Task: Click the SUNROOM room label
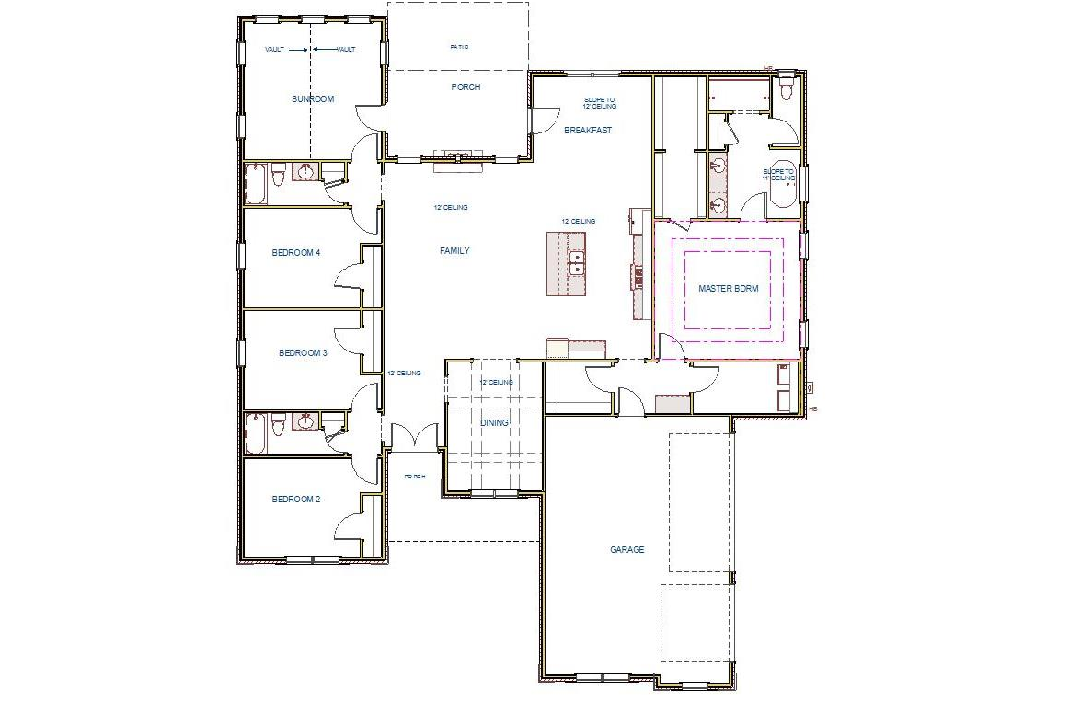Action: click(312, 98)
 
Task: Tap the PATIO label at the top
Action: click(459, 46)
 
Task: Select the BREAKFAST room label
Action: click(588, 131)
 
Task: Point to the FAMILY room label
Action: click(454, 250)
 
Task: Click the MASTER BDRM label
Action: click(728, 288)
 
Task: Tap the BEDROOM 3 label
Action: click(303, 352)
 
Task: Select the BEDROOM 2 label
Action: click(295, 500)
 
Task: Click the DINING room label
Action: click(494, 422)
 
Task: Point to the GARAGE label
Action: click(626, 549)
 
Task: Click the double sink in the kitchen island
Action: click(576, 263)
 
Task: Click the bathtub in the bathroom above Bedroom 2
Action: click(257, 432)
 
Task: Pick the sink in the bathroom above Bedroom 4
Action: click(305, 171)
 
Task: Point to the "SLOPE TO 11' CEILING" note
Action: click(778, 175)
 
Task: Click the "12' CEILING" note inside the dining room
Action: click(496, 382)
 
